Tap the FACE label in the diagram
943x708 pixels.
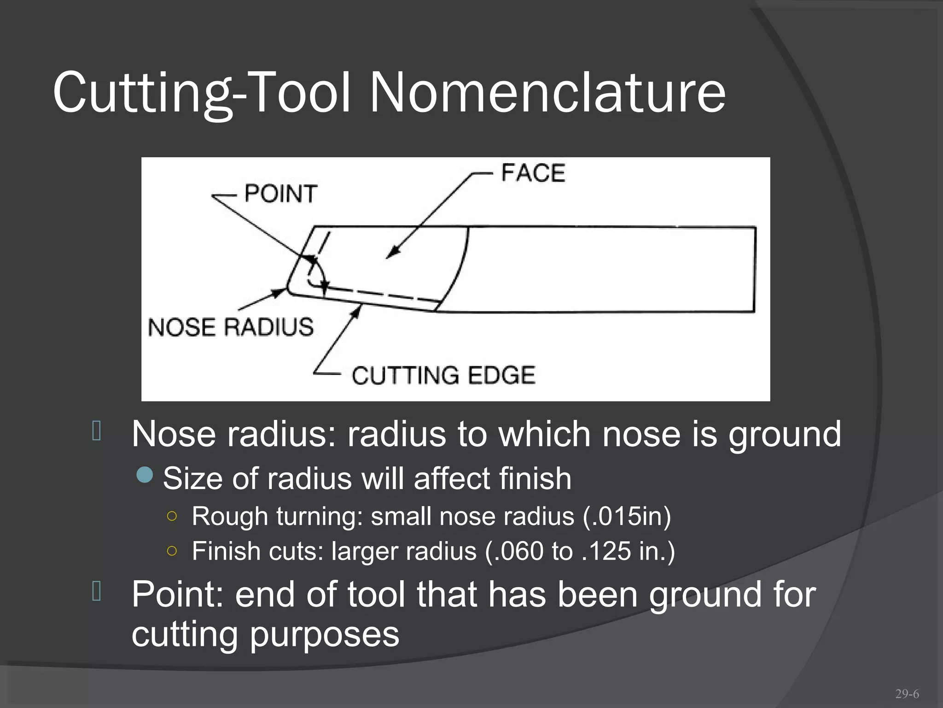pos(533,173)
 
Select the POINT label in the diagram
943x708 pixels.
pos(280,194)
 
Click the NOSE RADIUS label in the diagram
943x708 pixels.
pos(231,327)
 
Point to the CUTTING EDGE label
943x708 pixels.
pos(443,375)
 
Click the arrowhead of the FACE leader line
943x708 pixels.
pos(390,254)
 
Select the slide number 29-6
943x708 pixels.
pos(907,694)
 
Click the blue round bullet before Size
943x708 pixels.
pos(145,475)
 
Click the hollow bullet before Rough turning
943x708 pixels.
pos(172,516)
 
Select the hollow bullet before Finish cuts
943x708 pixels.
pos(172,551)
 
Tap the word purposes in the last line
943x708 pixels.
pos(324,635)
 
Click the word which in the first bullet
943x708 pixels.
pos(544,434)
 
